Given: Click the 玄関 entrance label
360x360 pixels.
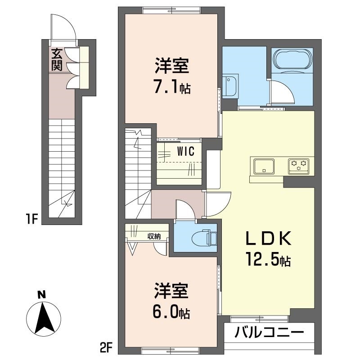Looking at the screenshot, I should point(57,59).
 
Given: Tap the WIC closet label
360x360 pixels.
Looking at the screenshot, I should point(185,152).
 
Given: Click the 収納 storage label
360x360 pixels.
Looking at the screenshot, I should point(154,236).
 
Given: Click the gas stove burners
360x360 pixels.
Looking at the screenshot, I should point(299,166).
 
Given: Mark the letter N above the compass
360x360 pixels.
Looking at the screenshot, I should point(41,295).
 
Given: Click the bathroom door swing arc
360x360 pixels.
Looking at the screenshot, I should point(282,94).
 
